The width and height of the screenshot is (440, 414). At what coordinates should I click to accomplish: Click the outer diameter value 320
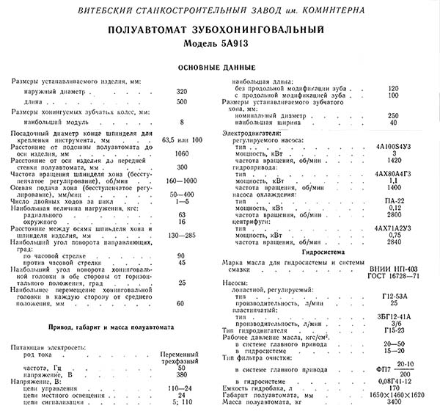[x=182, y=91]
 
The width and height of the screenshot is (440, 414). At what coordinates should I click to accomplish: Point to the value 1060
[x=182, y=153]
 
